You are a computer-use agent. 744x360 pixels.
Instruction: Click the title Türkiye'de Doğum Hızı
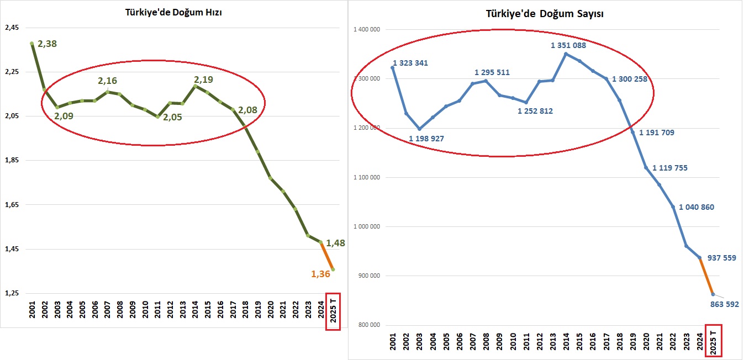pos(173,13)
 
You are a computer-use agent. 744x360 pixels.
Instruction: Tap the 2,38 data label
pos(48,43)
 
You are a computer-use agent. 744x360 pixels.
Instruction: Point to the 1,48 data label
pos(336,242)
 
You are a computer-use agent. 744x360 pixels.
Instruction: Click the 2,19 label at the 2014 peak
pos(203,80)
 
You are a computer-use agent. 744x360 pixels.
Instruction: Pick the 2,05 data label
pos(172,117)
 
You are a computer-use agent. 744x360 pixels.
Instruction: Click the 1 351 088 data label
pos(568,45)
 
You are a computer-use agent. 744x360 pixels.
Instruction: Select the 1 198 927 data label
pos(426,138)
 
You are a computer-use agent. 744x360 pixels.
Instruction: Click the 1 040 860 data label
pos(696,208)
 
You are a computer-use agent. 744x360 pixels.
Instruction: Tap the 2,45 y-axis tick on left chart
pos(12,28)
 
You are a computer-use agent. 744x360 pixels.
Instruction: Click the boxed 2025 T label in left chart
pos(333,311)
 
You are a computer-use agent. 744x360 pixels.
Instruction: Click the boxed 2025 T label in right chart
pos(714,341)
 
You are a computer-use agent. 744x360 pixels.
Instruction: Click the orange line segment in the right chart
pos(706,276)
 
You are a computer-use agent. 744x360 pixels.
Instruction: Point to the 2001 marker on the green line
pos(32,44)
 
